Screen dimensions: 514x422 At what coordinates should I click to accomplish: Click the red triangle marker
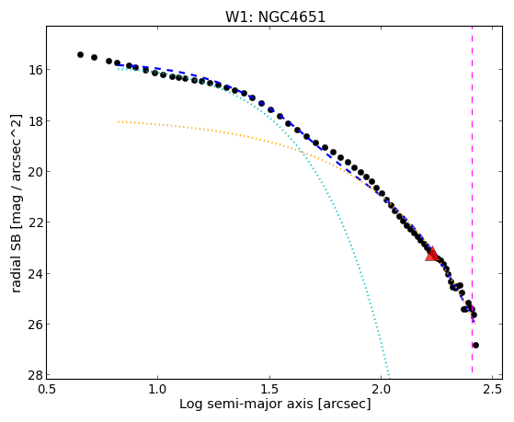(432, 254)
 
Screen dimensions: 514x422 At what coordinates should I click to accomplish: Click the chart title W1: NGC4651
(275, 17)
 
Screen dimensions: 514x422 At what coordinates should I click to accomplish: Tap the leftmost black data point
(80, 54)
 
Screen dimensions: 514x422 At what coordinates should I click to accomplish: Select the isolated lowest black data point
(475, 345)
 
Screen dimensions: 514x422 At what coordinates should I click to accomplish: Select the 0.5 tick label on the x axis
(47, 389)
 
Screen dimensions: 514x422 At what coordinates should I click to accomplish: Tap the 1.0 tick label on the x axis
(158, 389)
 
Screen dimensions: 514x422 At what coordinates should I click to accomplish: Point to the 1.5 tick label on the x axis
(269, 389)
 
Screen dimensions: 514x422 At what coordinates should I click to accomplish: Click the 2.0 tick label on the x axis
(381, 389)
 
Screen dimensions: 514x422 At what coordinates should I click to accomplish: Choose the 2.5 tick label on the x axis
(493, 389)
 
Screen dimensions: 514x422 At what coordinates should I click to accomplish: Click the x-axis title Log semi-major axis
(246, 404)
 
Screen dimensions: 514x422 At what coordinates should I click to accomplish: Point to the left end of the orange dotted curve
(119, 121)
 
